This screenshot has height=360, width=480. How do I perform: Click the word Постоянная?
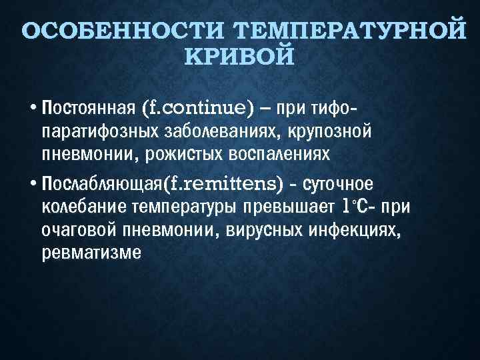click(x=89, y=107)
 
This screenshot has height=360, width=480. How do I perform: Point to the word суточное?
click(x=340, y=182)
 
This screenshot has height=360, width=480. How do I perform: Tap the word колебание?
click(x=78, y=206)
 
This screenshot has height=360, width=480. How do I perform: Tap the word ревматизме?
click(x=91, y=254)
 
